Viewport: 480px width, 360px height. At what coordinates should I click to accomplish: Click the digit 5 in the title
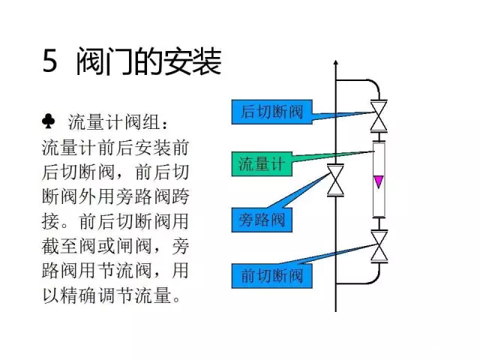click(50, 60)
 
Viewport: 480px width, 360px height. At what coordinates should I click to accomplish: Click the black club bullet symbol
click(48, 121)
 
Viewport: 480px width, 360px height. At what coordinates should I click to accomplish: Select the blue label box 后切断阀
click(271, 112)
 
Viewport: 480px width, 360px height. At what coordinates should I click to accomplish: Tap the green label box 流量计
click(262, 163)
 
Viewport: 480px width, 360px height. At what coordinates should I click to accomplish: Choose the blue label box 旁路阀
click(262, 220)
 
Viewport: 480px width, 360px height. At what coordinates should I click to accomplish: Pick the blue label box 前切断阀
click(271, 276)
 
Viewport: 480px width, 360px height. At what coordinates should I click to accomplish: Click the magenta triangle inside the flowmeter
click(379, 181)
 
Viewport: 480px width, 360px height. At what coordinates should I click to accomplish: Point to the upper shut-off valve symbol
click(379, 116)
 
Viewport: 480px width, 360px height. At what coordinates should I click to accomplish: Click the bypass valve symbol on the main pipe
click(335, 180)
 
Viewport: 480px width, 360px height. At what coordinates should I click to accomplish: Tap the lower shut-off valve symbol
click(379, 247)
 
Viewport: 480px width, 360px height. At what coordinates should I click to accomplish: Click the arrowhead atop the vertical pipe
click(336, 62)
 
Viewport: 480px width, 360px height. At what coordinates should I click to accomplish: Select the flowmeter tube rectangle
click(379, 179)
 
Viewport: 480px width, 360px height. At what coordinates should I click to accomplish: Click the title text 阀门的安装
click(148, 61)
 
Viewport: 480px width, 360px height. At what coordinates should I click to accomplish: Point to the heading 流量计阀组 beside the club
click(118, 122)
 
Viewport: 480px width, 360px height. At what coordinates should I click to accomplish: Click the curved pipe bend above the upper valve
click(375, 85)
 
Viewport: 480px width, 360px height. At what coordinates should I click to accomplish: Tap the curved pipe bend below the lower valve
click(375, 278)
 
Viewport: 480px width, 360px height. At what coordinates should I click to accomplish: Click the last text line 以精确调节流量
click(112, 295)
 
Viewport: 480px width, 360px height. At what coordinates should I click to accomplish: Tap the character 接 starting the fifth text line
click(50, 221)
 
